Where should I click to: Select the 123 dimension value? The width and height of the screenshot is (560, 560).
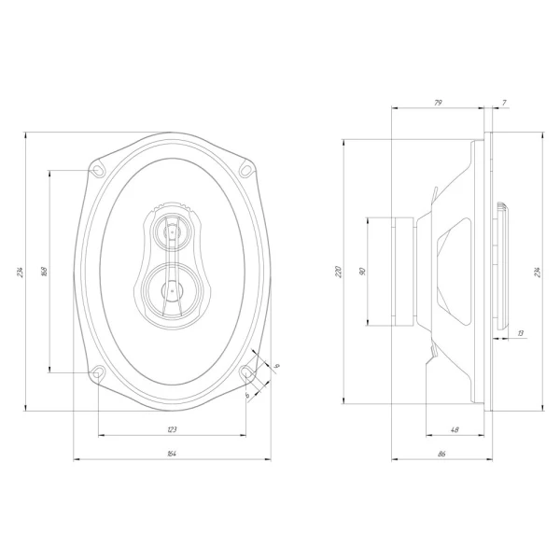(172, 429)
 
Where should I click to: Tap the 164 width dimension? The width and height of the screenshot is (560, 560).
(172, 453)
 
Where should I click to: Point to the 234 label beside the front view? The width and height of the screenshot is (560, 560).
(20, 272)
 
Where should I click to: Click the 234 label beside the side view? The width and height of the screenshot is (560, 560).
(537, 272)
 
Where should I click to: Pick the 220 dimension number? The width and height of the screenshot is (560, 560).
(338, 272)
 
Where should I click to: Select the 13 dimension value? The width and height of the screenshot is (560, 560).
(520, 332)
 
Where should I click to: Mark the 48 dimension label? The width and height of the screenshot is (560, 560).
(455, 429)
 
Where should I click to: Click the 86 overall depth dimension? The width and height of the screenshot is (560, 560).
(441, 453)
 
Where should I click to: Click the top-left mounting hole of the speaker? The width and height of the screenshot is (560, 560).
(98, 170)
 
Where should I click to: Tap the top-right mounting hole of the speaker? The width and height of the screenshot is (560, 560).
(246, 170)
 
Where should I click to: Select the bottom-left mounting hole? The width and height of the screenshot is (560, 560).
(98, 373)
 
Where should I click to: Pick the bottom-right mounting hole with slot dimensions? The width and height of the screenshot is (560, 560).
(247, 373)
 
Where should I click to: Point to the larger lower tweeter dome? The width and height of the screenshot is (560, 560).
(172, 289)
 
